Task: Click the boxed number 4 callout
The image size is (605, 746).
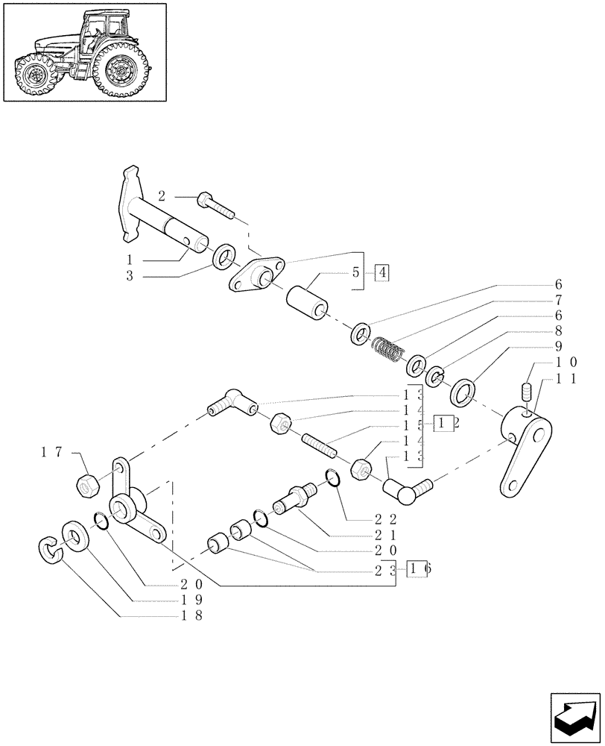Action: pos(381,272)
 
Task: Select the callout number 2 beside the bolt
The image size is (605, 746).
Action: pos(162,197)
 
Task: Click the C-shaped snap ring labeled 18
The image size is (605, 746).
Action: pos(49,549)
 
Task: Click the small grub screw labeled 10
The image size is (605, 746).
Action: pos(526,391)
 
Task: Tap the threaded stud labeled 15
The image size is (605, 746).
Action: pos(320,447)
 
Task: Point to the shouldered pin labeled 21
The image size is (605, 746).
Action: pos(296,498)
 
